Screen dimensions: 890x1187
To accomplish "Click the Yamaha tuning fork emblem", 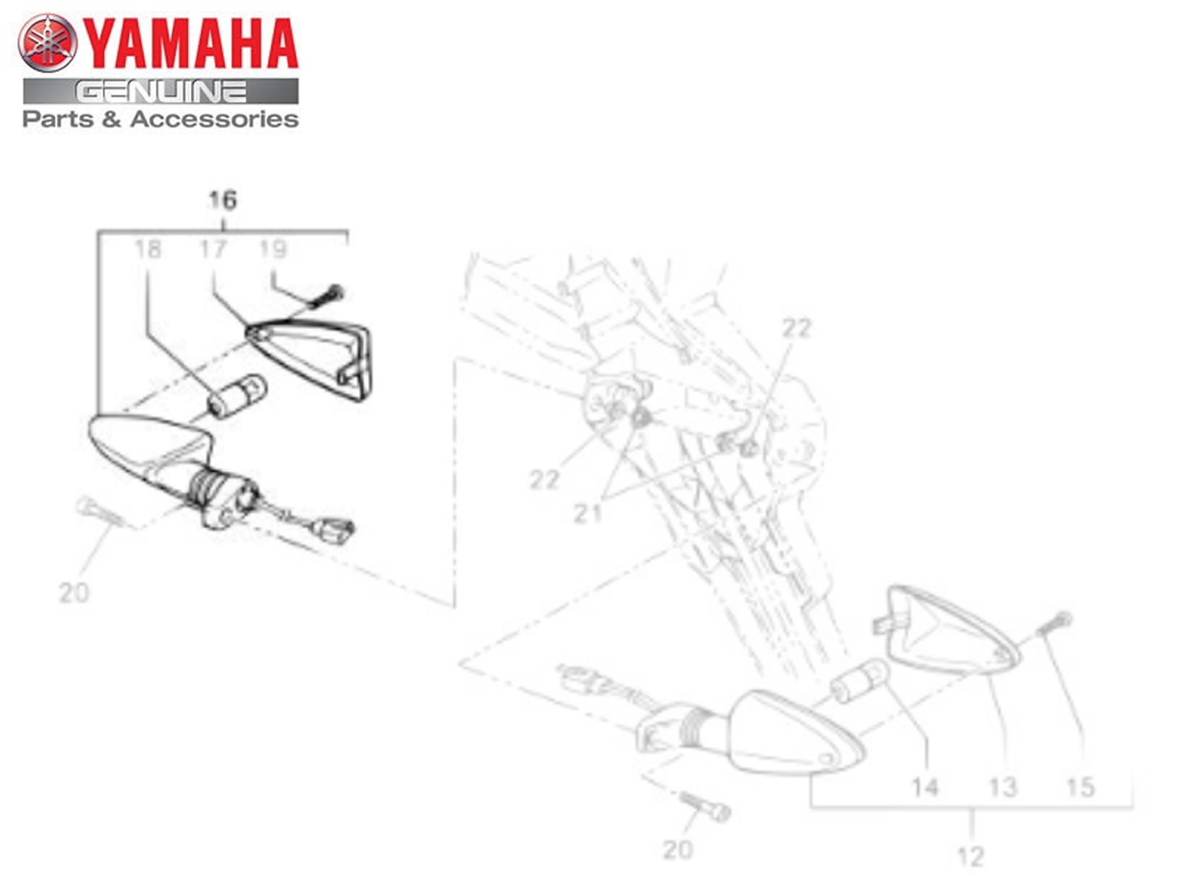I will point(48,43).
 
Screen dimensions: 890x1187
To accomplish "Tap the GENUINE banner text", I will point(161,92).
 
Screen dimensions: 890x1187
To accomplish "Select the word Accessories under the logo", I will point(214,119).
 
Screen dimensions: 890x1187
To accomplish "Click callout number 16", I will point(223,200).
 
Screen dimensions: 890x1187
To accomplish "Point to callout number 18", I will point(148,249).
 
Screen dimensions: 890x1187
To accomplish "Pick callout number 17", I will point(212,249).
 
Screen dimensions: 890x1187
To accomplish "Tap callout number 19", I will point(273,249).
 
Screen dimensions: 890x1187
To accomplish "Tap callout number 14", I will point(924,787).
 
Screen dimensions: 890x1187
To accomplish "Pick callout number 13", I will point(1003,787).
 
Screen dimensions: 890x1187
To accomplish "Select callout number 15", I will point(1080,787).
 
